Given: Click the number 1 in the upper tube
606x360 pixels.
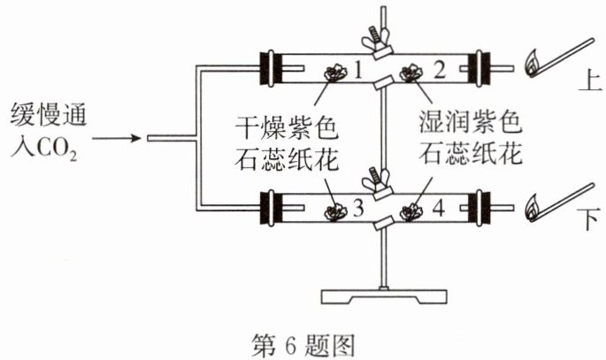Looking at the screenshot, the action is (358, 70).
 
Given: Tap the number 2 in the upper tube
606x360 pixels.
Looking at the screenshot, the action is (440, 70).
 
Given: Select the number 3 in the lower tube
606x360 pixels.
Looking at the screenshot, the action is (358, 208).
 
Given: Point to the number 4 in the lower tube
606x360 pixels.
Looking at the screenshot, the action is (438, 208).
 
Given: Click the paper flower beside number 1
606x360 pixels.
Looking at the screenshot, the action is (334, 73).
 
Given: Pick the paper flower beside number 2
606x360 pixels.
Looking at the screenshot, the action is (411, 73).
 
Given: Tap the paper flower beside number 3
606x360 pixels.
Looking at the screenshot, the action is (335, 211).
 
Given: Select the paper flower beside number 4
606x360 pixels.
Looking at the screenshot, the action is (410, 211).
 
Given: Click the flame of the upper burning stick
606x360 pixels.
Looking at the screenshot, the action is (533, 63).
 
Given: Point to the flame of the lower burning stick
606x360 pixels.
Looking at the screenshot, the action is (533, 208).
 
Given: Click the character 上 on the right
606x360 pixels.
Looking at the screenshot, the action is (590, 81).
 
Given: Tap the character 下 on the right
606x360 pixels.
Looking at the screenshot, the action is (589, 218).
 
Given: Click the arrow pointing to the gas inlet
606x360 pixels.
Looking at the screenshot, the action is (117, 138).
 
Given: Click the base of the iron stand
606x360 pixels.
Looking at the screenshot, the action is (384, 296).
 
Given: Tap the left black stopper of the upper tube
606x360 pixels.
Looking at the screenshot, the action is (272, 68).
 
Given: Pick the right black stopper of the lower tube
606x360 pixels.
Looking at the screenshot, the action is (479, 208).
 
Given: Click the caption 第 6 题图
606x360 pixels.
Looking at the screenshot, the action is (303, 345).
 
